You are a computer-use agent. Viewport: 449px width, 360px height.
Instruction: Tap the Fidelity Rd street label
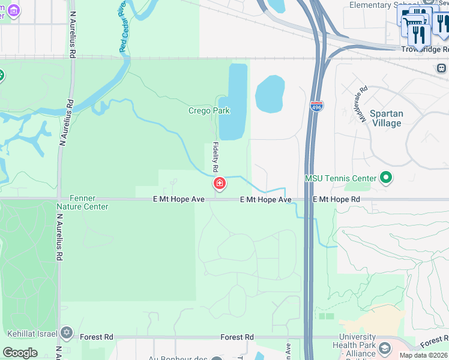pyautogui.click(x=215, y=157)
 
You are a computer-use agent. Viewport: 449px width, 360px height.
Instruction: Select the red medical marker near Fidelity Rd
pyautogui.click(x=220, y=183)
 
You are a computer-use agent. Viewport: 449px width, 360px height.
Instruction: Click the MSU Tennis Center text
pyautogui.click(x=340, y=178)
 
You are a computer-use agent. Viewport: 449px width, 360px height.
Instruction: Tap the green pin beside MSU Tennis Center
pyautogui.click(x=387, y=178)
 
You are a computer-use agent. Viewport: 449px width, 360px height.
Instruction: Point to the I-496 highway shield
pyautogui.click(x=316, y=106)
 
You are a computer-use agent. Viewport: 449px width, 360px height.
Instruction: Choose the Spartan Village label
pyautogui.click(x=386, y=118)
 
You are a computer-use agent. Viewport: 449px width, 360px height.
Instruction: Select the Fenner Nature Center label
pyautogui.click(x=82, y=202)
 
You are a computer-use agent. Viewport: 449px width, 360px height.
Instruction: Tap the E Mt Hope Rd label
pyautogui.click(x=336, y=199)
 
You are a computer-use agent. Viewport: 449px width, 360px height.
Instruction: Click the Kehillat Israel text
pyautogui.click(x=33, y=334)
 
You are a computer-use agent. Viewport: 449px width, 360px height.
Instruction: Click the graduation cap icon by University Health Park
pyautogui.click(x=384, y=348)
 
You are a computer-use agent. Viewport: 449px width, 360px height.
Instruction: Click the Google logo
pyautogui.click(x=20, y=353)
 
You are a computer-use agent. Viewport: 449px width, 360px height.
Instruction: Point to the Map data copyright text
pyautogui.click(x=424, y=355)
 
